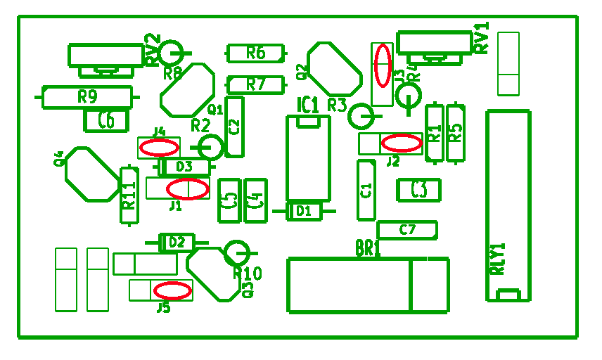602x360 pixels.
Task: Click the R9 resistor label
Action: point(87,96)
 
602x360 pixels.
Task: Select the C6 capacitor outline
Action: point(106,121)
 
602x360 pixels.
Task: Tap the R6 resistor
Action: point(256,52)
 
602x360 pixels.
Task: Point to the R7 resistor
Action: point(256,84)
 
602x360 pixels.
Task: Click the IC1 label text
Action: point(307,105)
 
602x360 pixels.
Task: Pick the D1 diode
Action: point(304,210)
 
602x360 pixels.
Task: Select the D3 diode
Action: point(184,167)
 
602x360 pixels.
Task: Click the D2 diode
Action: point(177,243)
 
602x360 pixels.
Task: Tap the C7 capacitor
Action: point(407,229)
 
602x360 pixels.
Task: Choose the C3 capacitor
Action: point(418,190)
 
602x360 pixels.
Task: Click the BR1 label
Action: point(368,248)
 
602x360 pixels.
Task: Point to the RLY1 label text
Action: point(498,259)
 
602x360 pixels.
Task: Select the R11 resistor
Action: point(129,195)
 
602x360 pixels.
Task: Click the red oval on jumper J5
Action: point(172,290)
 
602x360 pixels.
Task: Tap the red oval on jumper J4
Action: point(160,148)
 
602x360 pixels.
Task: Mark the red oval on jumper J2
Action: point(402,143)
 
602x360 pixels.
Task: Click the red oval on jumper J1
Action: point(188,188)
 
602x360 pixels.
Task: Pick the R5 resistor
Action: point(456,133)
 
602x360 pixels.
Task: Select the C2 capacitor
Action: point(235,127)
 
